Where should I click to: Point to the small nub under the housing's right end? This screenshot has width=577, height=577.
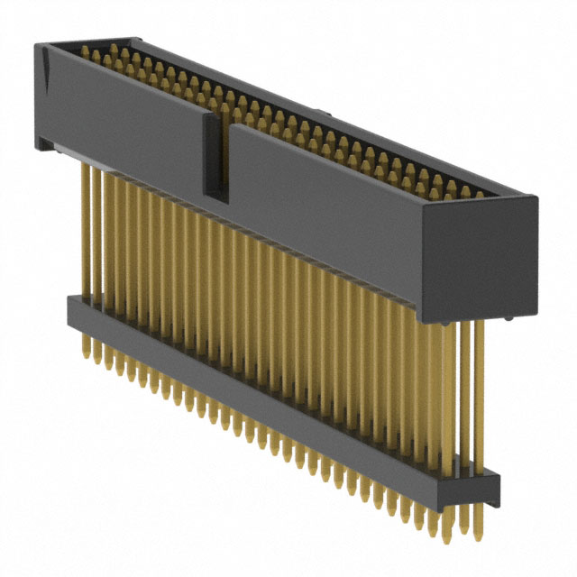510,318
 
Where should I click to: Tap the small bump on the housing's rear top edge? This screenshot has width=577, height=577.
330,117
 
